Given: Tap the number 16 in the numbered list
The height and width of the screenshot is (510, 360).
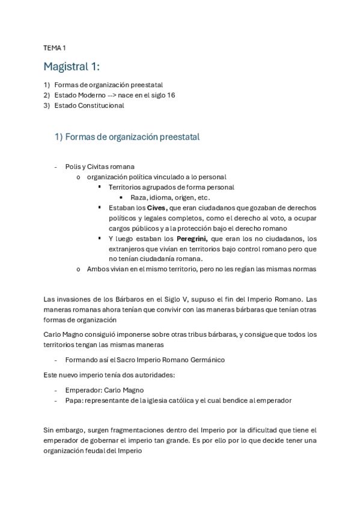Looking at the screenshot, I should tap(171, 95).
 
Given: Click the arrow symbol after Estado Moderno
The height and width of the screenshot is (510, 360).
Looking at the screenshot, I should tap(113, 95).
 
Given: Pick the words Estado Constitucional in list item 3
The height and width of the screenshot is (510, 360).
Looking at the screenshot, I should tap(89, 105).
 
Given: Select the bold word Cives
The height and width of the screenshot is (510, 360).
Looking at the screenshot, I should tap(157, 207).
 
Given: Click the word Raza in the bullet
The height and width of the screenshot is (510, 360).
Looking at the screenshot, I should tap(139, 197).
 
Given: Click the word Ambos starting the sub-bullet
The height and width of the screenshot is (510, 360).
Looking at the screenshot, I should tap(97, 269).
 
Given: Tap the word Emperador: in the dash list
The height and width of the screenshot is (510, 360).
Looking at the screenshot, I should tap(84, 390).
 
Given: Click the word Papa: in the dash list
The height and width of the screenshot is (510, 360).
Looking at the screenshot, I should tap(75, 400).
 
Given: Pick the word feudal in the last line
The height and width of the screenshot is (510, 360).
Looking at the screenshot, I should tap(108, 450).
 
